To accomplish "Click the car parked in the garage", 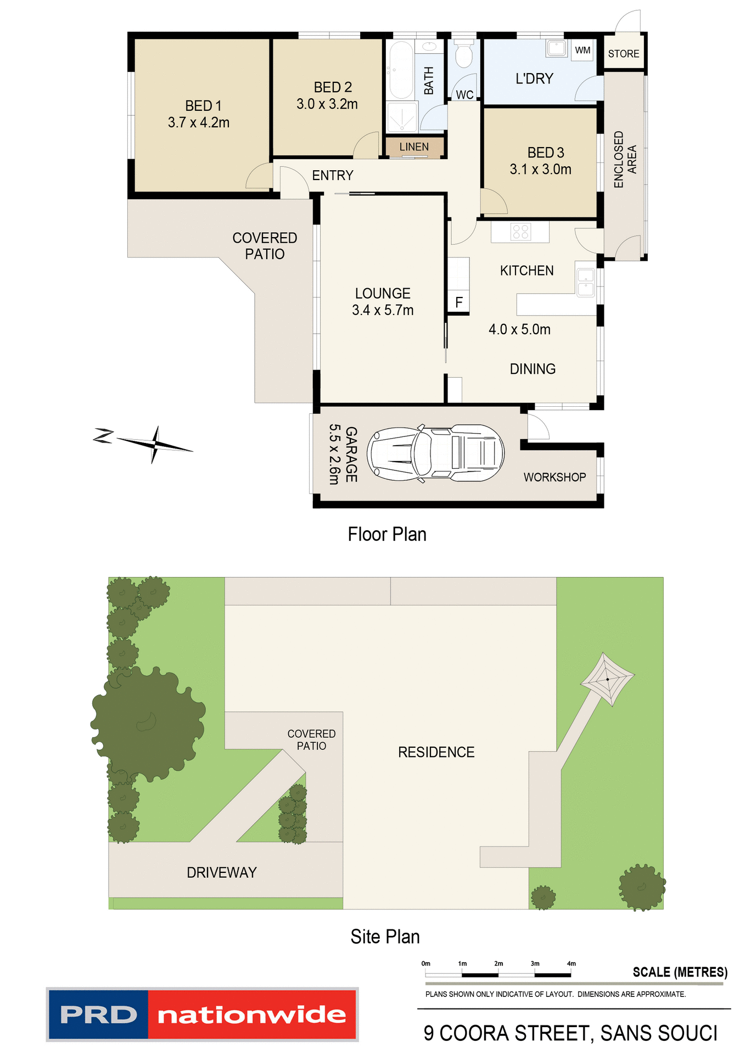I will pyautogui.click(x=435, y=453).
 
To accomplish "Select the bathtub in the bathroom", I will pyautogui.click(x=401, y=70).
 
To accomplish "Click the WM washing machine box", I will pyautogui.click(x=582, y=51).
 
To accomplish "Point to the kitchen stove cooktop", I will pyautogui.click(x=520, y=232).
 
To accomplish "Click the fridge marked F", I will pyautogui.click(x=459, y=302).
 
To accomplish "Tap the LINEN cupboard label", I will pyautogui.click(x=414, y=147).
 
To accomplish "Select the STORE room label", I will pyautogui.click(x=624, y=54).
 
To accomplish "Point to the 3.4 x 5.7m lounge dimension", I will pyautogui.click(x=383, y=310).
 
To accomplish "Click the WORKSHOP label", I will pyautogui.click(x=554, y=477).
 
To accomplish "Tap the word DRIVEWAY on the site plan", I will pyautogui.click(x=221, y=872).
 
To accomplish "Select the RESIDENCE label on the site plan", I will pyautogui.click(x=436, y=752).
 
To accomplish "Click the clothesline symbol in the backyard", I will pyautogui.click(x=607, y=679).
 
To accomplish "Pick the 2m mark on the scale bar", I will pyautogui.click(x=498, y=964).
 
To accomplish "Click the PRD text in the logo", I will pyautogui.click(x=99, y=1014).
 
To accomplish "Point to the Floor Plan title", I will pyautogui.click(x=387, y=534).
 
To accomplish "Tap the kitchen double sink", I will pyautogui.click(x=586, y=282).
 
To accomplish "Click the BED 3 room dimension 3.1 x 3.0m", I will pyautogui.click(x=540, y=169).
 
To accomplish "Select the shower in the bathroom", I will pyautogui.click(x=402, y=117).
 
